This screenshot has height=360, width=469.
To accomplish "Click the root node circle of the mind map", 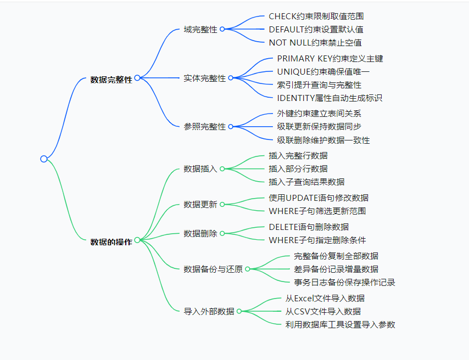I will click(x=44, y=159).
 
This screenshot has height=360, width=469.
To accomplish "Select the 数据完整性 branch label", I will click(x=111, y=80).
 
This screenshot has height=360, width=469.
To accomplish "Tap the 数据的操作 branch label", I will click(x=111, y=241).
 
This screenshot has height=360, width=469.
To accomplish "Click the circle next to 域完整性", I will click(x=222, y=29).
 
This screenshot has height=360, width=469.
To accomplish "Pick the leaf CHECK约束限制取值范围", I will click(x=316, y=16).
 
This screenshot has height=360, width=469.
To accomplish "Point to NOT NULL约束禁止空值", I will click(x=315, y=43).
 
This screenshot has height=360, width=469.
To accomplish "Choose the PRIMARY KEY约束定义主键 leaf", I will click(x=330, y=58).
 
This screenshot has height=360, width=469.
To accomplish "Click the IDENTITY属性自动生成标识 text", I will click(x=329, y=98).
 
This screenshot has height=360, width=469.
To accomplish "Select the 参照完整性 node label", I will click(x=204, y=127).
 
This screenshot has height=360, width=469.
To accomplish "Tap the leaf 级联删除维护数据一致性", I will click(x=323, y=140).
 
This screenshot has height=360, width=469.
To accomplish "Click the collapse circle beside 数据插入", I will click(x=222, y=169).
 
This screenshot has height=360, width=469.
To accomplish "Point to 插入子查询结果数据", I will click(x=306, y=182).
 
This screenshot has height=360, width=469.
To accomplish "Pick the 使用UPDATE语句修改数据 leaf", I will click(x=318, y=198).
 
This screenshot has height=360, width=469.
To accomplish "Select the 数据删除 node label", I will click(x=200, y=234).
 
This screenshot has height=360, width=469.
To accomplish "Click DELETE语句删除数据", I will click(x=308, y=227).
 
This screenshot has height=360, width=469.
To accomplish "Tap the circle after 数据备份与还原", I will click(x=247, y=269).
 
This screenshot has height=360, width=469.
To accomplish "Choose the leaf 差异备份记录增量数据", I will click(x=336, y=269).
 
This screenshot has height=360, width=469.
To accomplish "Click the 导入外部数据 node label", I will click(x=209, y=312).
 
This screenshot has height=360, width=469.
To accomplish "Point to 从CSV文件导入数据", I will click(x=322, y=311).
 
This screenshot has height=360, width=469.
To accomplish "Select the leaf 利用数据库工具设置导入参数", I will click(x=339, y=324).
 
